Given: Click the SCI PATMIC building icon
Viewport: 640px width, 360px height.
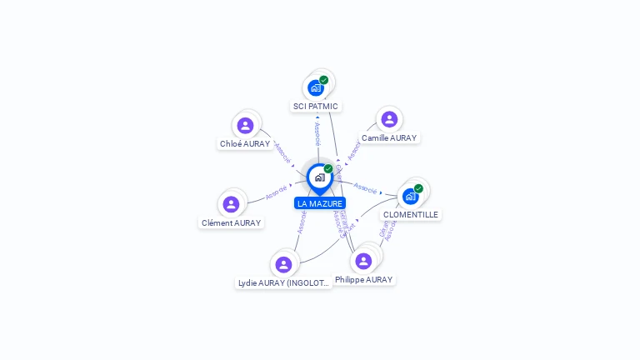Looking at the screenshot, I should (x=316, y=87).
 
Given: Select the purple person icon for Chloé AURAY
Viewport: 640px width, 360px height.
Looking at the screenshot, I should (x=245, y=125).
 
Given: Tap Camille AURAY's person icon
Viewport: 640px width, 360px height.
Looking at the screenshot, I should (x=389, y=119).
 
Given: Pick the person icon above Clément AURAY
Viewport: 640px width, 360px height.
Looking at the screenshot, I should (x=232, y=204).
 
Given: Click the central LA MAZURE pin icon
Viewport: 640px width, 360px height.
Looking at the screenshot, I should (x=319, y=177).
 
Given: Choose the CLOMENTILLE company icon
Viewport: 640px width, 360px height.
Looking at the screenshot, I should (x=410, y=196).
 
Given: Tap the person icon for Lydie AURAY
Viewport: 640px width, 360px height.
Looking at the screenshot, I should (x=283, y=264).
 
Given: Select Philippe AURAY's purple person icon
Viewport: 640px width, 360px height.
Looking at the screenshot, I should (x=363, y=261).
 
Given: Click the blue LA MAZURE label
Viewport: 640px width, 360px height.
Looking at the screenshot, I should (x=320, y=203).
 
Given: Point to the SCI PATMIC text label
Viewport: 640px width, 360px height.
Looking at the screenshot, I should (x=316, y=106).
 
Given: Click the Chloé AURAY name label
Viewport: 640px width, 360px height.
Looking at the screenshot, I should (x=245, y=143).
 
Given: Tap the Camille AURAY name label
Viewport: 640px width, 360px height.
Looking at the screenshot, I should (x=389, y=137).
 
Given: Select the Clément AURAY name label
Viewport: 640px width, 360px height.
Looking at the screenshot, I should (x=232, y=222).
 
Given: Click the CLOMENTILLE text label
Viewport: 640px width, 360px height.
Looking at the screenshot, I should (x=411, y=214).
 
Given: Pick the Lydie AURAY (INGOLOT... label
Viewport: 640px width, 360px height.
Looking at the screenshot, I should (x=284, y=282).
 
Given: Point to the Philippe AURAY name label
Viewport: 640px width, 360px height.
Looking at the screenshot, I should (x=363, y=279).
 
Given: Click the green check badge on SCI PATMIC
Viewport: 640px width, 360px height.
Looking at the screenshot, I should (x=324, y=80).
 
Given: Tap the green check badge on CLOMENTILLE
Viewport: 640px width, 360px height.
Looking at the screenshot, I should (x=418, y=188).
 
